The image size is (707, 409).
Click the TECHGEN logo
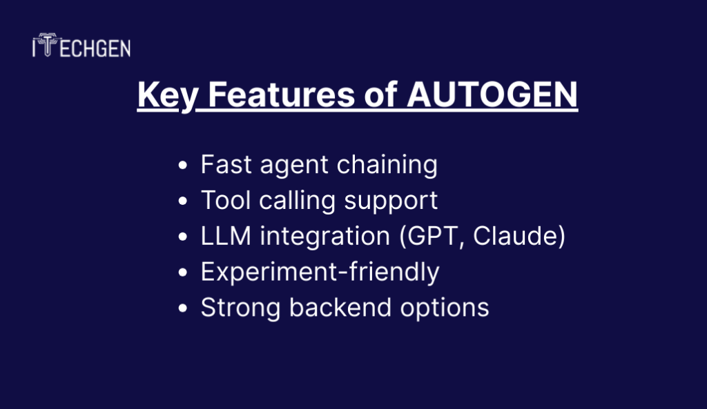pyautogui.click(x=81, y=45)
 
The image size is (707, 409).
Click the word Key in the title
pyautogui.click(x=168, y=95)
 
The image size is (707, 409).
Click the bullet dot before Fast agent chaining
pyautogui.click(x=182, y=166)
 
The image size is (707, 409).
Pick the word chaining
pyautogui.click(x=387, y=165)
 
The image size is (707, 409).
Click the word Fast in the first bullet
pyautogui.click(x=226, y=164)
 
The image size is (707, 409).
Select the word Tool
pyautogui.click(x=226, y=200)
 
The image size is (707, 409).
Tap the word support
pyautogui.click(x=391, y=201)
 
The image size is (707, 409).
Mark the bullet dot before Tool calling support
pyautogui.click(x=182, y=201)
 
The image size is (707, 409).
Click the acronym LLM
pyautogui.click(x=226, y=236)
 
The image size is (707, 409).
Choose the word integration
pyautogui.click(x=325, y=237)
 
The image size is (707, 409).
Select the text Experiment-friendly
pyautogui.click(x=320, y=272)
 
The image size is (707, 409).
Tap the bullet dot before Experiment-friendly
pyautogui.click(x=182, y=272)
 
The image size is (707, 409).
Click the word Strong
pyautogui.click(x=240, y=308)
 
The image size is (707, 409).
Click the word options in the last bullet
pyautogui.click(x=445, y=308)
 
